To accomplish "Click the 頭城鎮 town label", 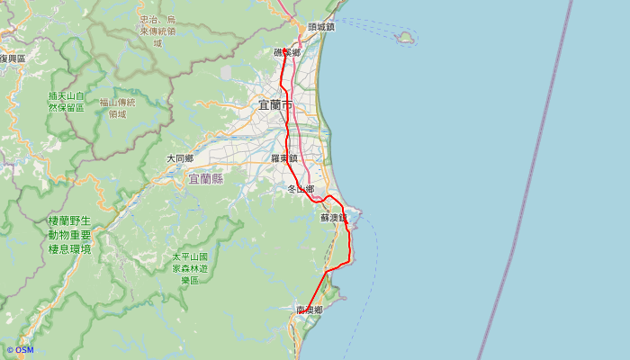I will click(320, 27).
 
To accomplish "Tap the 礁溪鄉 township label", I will click(287, 53).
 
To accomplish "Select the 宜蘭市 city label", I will click(275, 105).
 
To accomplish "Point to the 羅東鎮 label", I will click(284, 158).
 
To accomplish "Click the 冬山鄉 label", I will click(301, 189).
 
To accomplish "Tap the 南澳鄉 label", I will click(310, 310).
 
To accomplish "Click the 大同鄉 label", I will click(180, 158).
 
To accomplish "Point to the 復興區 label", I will click(13, 58).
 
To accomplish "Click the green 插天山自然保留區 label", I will click(67, 102).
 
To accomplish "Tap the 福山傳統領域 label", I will click(117, 108).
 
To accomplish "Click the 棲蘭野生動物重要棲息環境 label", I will click(69, 234).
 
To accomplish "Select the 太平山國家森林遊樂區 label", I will click(190, 268).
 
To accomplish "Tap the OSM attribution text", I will click(20, 350).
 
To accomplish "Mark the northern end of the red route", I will click(284, 50).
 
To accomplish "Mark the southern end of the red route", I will click(306, 311).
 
